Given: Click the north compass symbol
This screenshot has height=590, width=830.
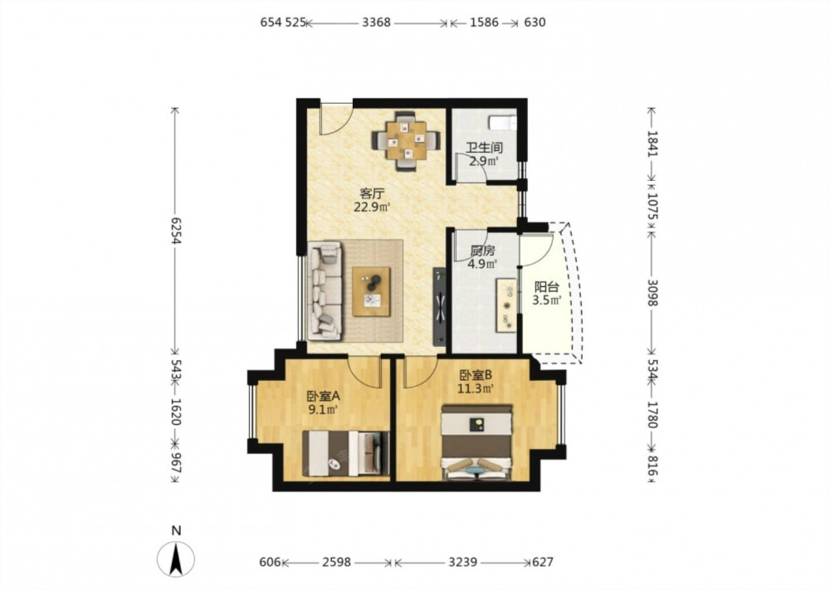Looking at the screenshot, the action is (x=176, y=559).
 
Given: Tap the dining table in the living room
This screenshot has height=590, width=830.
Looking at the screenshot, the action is (x=406, y=140).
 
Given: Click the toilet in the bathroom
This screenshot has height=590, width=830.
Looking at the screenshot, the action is (x=502, y=122).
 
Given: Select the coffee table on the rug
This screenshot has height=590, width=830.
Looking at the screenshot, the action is (x=371, y=291).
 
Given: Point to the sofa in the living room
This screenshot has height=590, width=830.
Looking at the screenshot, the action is (x=325, y=290).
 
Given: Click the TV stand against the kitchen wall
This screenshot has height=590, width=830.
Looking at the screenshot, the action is (x=440, y=306).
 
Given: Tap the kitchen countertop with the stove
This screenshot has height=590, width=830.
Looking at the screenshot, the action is (x=506, y=306).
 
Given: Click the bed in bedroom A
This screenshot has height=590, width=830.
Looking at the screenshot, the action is (x=345, y=453).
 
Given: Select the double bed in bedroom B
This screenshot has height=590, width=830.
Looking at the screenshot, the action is (x=477, y=443).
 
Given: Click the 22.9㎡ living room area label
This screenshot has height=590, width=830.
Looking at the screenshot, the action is (x=372, y=207).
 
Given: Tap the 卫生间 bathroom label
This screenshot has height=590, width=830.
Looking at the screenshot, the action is (x=485, y=148).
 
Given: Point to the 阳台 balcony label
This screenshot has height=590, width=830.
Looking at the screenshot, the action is (x=546, y=287).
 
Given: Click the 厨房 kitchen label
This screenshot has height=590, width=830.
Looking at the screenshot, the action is (x=482, y=251).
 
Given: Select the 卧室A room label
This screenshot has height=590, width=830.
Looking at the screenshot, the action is (x=323, y=396).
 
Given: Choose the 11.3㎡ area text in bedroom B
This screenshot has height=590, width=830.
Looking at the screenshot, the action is (x=476, y=388).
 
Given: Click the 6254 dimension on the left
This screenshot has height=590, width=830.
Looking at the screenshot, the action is (x=176, y=232).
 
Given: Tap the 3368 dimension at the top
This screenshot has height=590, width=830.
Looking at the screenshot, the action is (x=376, y=22).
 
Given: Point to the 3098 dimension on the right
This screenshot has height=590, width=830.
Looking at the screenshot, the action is (x=652, y=293).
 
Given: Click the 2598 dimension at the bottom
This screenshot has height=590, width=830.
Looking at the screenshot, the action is (x=337, y=562).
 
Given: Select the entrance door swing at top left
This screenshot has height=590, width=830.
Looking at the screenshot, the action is (x=335, y=118).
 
